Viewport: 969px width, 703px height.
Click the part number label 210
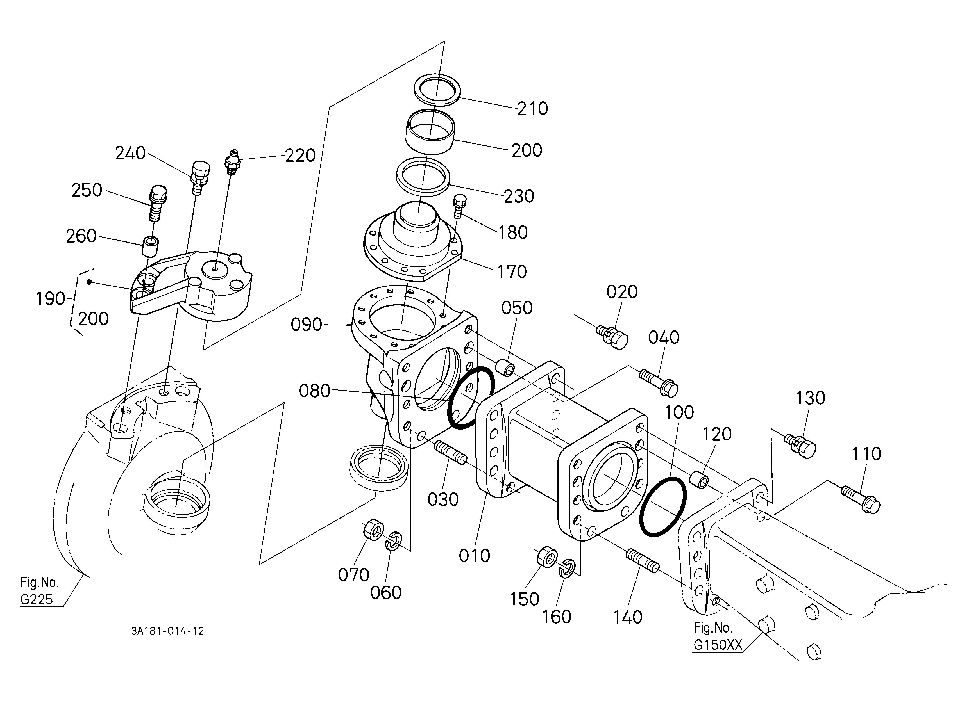[x=532, y=109]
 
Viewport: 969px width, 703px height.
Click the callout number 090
[x=306, y=325]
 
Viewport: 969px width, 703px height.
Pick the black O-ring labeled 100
[x=663, y=507]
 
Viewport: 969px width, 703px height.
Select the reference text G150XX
[x=718, y=645]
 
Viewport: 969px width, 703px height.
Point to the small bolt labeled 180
[x=459, y=206]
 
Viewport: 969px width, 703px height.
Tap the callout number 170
[x=512, y=272]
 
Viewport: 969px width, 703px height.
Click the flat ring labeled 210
[x=437, y=89]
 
